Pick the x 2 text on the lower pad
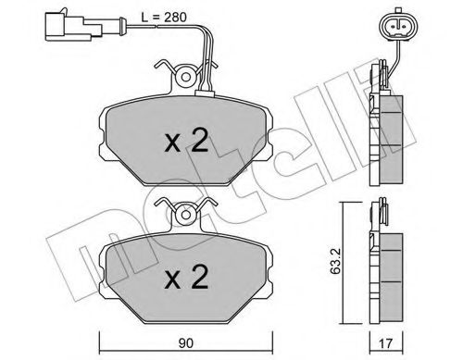pyautogui.click(x=185, y=275)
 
